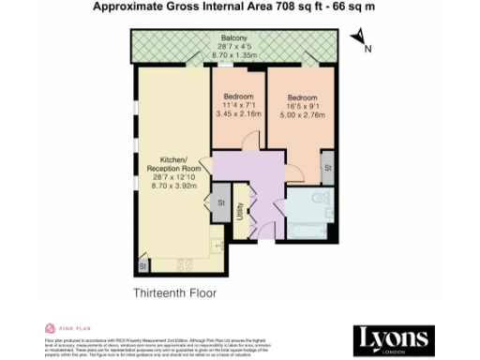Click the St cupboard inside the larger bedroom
pos(328,167)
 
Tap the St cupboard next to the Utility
pos(221,202)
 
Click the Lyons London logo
pos(394,339)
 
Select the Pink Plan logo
pos(65,329)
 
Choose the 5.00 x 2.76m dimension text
pos(304,116)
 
